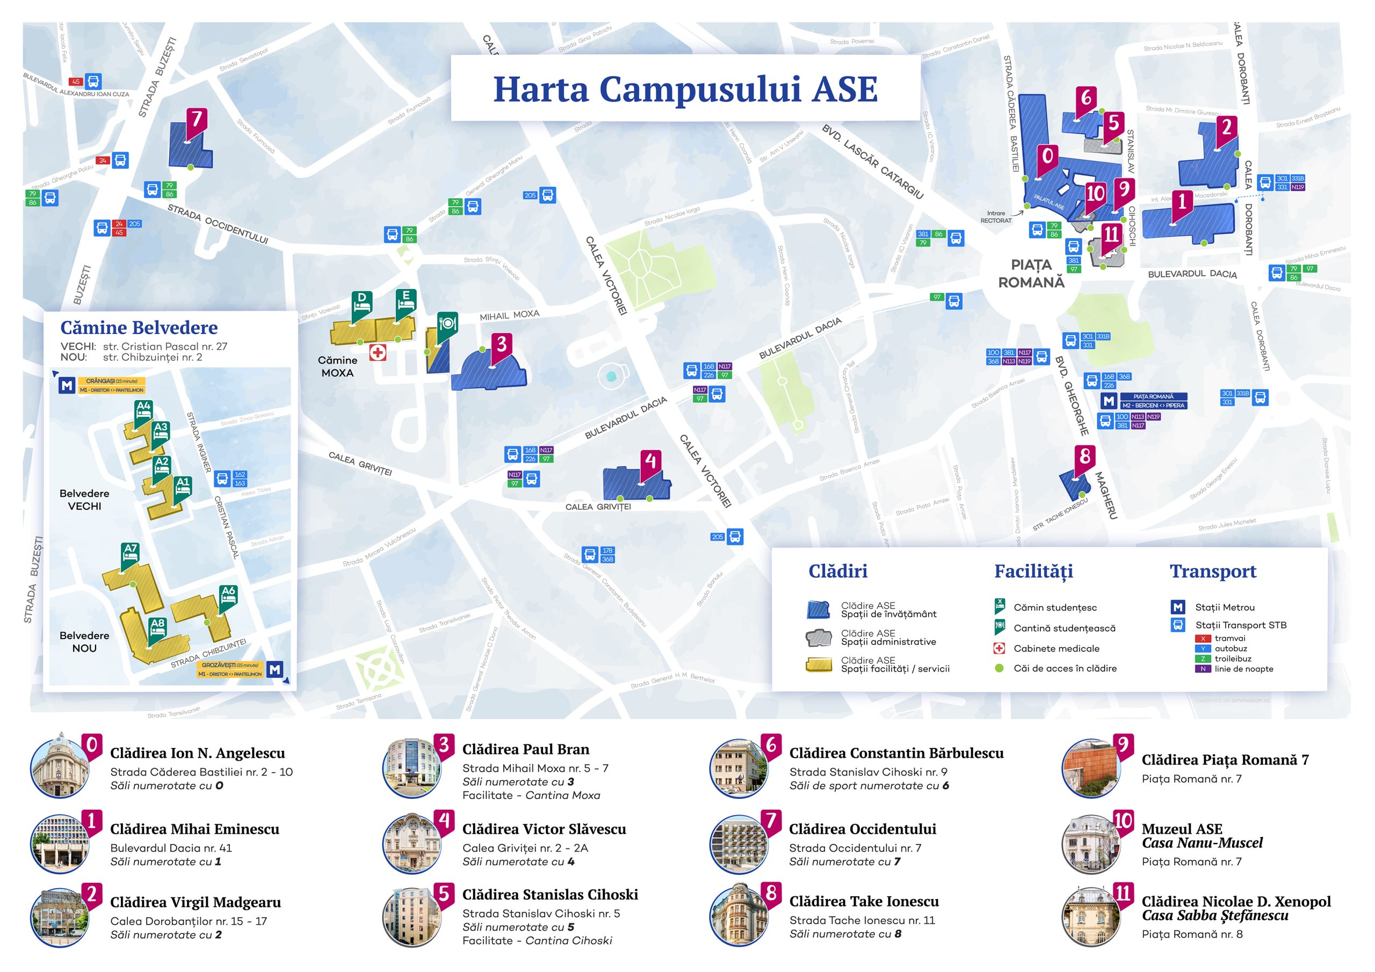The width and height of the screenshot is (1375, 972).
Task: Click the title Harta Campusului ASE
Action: coord(685,89)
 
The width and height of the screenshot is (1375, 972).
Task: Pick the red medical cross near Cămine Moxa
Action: coord(377,353)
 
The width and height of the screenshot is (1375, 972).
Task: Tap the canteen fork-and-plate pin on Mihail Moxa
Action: coord(447,324)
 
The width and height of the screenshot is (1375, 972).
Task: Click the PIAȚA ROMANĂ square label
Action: coord(1031,274)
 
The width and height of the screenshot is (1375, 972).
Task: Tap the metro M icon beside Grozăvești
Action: coord(275,669)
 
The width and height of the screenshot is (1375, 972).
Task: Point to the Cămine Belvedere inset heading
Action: coord(139,328)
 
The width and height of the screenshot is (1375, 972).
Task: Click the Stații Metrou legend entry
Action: coord(1224,607)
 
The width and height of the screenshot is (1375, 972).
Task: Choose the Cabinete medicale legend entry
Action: coord(1056,649)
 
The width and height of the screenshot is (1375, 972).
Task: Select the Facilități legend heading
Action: coord(1033,571)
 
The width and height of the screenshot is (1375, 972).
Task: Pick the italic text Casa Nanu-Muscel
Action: coord(1202,843)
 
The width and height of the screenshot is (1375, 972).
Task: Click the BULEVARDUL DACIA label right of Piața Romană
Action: coord(1192,274)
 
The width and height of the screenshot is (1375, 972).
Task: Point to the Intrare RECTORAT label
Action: coord(995,217)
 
